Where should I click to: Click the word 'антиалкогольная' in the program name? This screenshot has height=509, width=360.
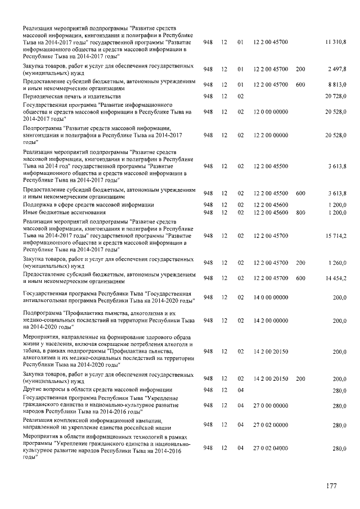[46, 301]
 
